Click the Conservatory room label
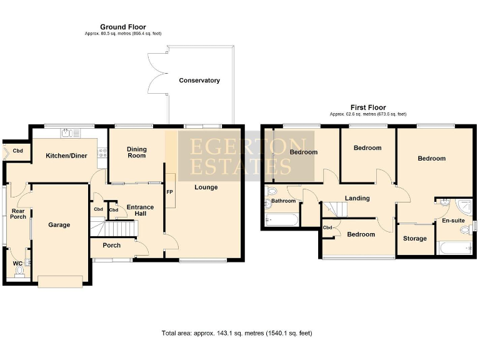click(x=199, y=81)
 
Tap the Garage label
click(x=59, y=225)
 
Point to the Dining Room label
click(x=136, y=152)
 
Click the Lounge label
click(x=206, y=187)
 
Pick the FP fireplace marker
click(x=169, y=192)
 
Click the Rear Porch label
click(x=18, y=214)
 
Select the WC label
click(x=17, y=264)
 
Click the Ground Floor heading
click(x=122, y=27)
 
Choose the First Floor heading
click(x=367, y=107)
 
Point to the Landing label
click(x=357, y=198)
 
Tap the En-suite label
click(x=453, y=221)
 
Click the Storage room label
click(x=415, y=239)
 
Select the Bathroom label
click(x=283, y=201)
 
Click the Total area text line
click(x=236, y=333)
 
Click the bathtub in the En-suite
click(x=454, y=248)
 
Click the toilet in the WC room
click(x=19, y=272)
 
